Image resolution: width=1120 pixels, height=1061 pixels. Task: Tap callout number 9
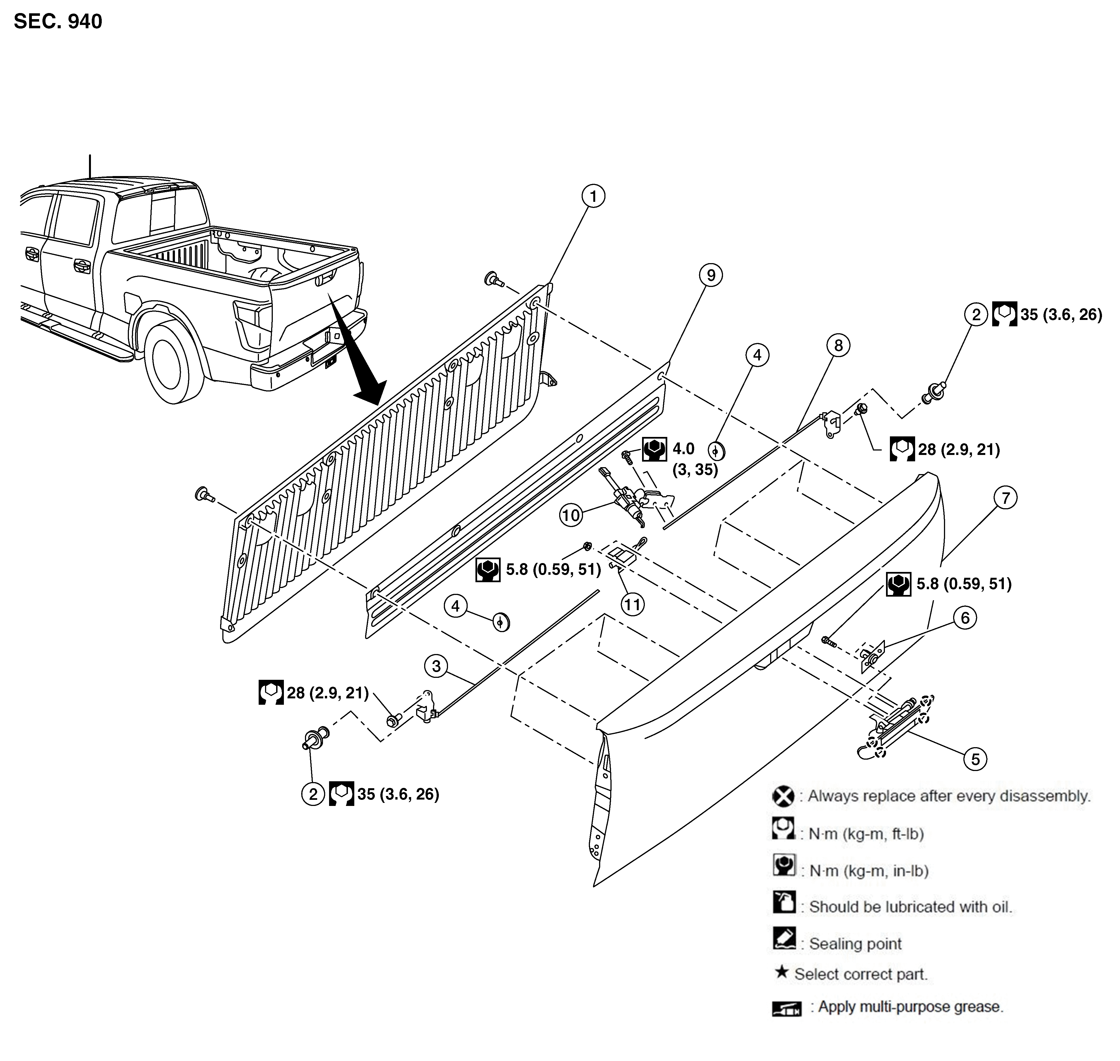711,275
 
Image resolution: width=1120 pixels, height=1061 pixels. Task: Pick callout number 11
632,605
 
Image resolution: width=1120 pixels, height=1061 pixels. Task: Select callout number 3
436,666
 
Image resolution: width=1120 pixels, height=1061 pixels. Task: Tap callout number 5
975,759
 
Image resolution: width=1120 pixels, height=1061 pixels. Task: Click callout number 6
965,618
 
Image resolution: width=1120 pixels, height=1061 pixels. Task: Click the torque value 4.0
683,449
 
